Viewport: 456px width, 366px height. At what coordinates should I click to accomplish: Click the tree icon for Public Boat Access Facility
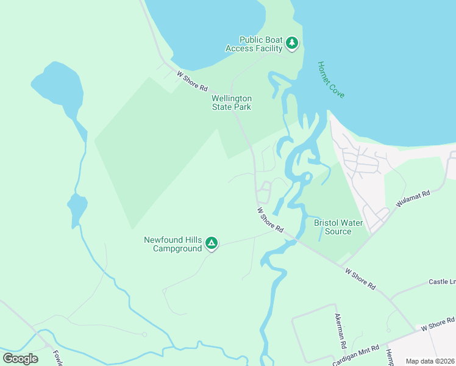[x=293, y=43]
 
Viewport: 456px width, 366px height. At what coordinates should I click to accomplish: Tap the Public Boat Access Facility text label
[x=254, y=44]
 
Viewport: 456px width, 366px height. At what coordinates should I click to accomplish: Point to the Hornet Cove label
[x=331, y=80]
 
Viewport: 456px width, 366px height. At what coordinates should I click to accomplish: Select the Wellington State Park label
[x=231, y=102]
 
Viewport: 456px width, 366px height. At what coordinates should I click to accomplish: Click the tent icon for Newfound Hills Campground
[x=211, y=243]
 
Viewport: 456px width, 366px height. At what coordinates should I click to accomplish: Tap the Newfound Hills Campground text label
[x=173, y=244]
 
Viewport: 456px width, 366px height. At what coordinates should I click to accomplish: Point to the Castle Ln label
[x=442, y=282]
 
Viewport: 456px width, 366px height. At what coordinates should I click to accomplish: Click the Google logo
[x=20, y=358]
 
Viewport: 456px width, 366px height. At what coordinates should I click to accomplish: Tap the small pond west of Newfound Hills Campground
[x=77, y=209]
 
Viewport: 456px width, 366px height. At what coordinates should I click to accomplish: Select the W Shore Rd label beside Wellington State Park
[x=191, y=81]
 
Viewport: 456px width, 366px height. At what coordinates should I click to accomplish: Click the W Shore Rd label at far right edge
[x=438, y=325]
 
